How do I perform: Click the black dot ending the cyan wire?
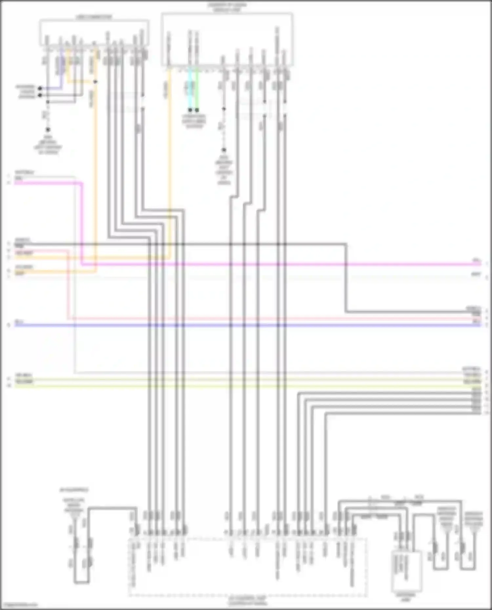[190, 110]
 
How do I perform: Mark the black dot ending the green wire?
[197, 110]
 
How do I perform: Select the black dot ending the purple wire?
[40, 88]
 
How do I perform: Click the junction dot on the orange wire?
[95, 82]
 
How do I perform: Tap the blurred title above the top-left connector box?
[94, 17]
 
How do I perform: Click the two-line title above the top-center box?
[227, 7]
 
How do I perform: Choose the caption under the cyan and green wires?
[194, 121]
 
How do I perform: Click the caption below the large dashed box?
[248, 601]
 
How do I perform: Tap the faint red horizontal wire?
[262, 318]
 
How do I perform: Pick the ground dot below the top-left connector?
[48, 130]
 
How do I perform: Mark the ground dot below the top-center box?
[224, 150]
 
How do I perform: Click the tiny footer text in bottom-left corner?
[19, 605]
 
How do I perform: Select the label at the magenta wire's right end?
[477, 261]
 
